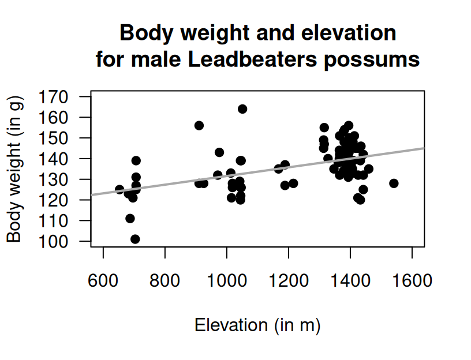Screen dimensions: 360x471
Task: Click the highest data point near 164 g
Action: tap(242, 109)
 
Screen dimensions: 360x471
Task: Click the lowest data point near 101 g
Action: tap(135, 239)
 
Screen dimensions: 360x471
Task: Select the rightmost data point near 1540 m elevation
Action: tap(394, 183)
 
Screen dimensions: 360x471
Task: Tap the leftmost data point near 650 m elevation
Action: tap(119, 189)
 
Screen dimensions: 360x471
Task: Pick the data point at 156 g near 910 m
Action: tap(199, 126)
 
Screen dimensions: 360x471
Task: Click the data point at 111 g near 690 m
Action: tap(130, 219)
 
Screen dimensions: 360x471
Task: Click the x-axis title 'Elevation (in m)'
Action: tap(257, 325)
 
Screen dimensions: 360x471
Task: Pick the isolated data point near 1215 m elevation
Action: tap(293, 183)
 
